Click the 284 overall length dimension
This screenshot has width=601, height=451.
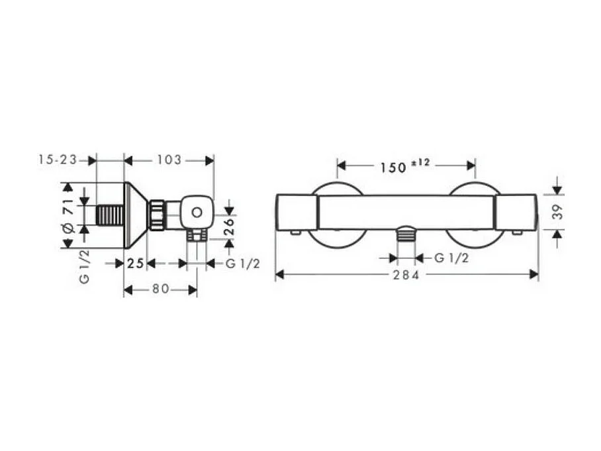coord(406,275)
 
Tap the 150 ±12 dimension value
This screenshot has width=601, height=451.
coord(405,166)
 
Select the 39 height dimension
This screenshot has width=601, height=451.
coord(559,212)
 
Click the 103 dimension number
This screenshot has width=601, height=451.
coord(169,160)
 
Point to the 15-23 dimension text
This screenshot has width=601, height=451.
coord(58,160)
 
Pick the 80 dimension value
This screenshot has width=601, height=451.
coord(161,289)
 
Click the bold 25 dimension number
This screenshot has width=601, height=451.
coord(135,264)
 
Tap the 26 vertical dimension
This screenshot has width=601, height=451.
coord(229,226)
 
